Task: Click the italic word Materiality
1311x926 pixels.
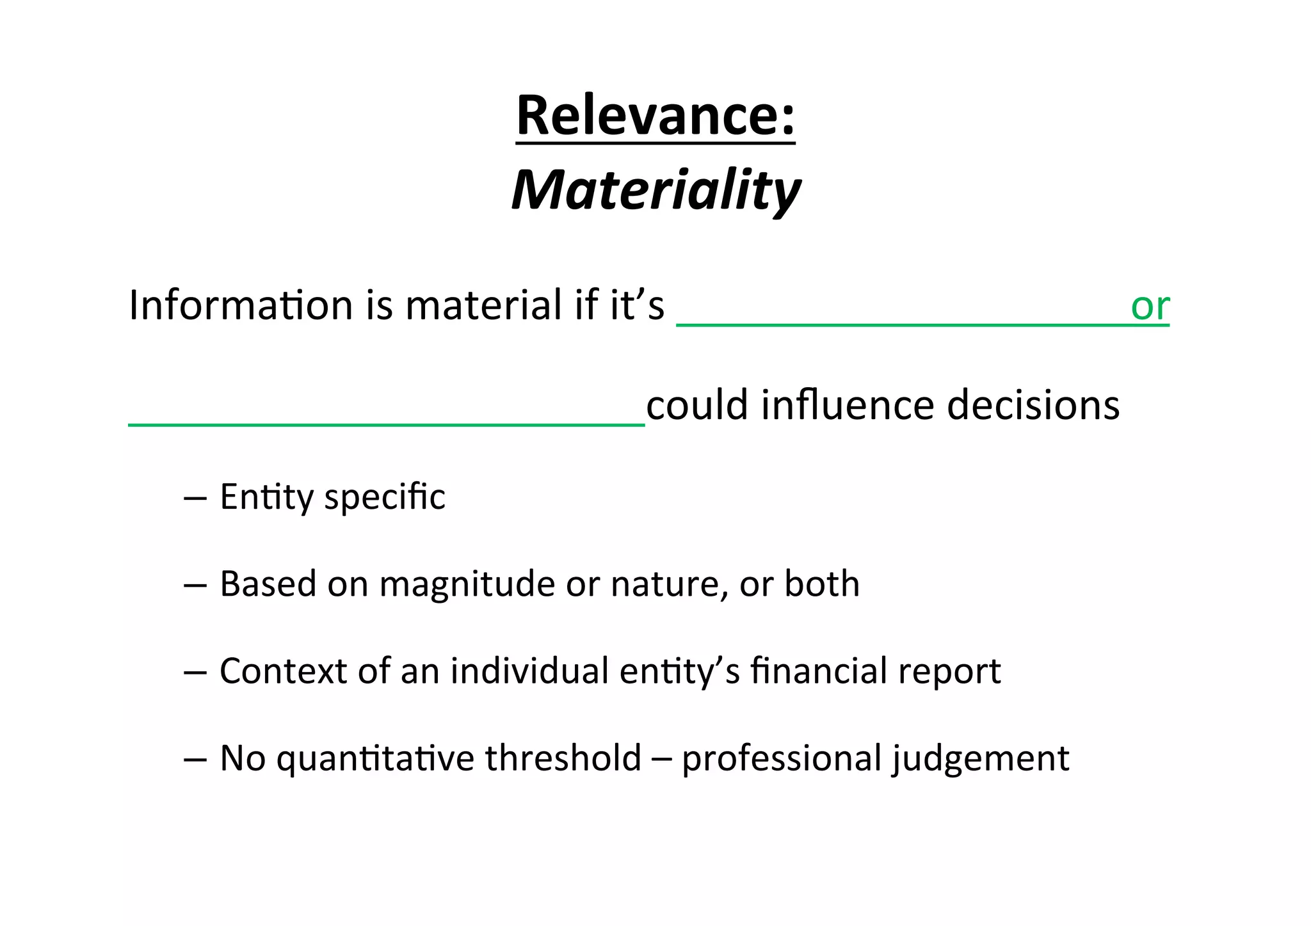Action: click(x=655, y=190)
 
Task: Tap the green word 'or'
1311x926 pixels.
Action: click(x=1150, y=307)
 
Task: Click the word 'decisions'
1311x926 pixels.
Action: click(x=1033, y=406)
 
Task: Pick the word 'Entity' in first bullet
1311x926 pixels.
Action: click(x=267, y=497)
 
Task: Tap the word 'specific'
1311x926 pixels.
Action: click(x=384, y=497)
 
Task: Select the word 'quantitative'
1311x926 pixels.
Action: click(x=375, y=759)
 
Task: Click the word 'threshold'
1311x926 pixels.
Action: click(x=563, y=758)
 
